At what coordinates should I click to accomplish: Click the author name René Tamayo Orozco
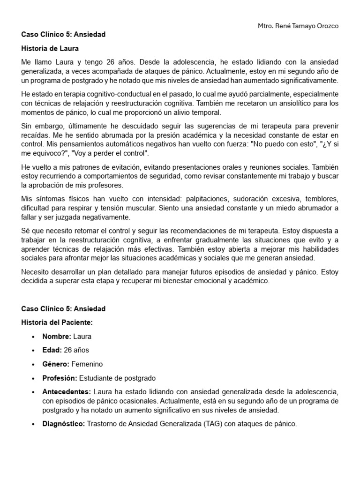305,26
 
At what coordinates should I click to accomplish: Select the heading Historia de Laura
50,48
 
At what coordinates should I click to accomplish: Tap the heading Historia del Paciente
57,322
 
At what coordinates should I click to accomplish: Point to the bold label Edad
52,350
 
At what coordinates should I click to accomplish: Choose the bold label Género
55,364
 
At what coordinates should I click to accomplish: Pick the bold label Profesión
60,378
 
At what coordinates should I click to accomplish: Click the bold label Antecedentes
67,391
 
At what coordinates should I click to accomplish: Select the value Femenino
88,364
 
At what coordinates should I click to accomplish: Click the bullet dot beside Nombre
33,337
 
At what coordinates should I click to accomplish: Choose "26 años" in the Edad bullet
76,350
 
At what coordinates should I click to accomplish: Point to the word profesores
106,186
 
